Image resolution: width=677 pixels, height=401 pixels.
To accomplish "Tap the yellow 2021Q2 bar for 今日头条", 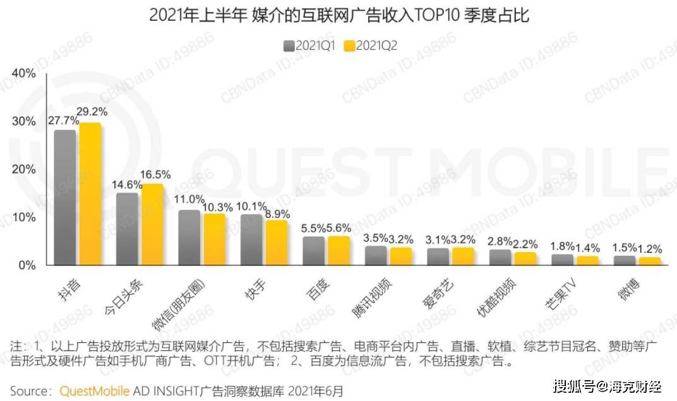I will tap(152, 225).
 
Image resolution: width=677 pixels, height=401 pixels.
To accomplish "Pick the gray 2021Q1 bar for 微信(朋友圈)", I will tap(189, 237).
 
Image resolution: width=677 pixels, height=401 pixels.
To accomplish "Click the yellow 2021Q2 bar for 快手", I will tap(276, 243).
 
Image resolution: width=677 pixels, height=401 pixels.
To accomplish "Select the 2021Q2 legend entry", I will tap(371, 45).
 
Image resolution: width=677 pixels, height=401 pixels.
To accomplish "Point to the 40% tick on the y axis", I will tap(24, 74).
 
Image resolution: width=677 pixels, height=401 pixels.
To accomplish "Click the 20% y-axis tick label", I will tap(24, 170).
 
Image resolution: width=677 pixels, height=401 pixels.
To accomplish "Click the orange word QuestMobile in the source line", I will tap(95, 391).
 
